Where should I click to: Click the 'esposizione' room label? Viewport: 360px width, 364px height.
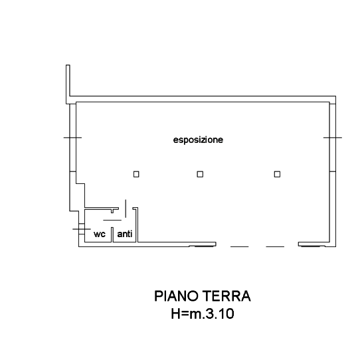(x=198, y=140)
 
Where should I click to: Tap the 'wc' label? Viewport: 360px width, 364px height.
(x=100, y=234)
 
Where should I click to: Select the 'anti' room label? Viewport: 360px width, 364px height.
(x=125, y=234)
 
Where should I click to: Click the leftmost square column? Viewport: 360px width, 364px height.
(x=136, y=174)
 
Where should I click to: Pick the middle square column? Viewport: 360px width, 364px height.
(x=200, y=174)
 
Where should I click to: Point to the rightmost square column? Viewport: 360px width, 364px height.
(x=277, y=174)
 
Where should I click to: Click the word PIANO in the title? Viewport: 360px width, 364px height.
(x=177, y=296)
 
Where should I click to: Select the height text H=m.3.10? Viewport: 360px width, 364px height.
(x=203, y=314)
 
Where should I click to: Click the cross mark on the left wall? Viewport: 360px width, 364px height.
(x=72, y=137)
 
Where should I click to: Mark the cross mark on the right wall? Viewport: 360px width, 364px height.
(x=333, y=137)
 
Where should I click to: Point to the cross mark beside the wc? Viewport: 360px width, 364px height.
(x=82, y=229)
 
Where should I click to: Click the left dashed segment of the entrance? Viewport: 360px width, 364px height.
(x=240, y=246)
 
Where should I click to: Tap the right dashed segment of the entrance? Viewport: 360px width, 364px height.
(x=275, y=246)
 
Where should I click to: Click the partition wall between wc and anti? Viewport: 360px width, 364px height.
(x=112, y=234)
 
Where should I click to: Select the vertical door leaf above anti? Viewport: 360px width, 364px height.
(x=126, y=209)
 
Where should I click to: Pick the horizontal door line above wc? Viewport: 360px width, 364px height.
(x=112, y=220)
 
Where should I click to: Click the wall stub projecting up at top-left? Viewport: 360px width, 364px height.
(x=68, y=84)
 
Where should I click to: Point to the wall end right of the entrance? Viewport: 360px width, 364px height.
(x=299, y=244)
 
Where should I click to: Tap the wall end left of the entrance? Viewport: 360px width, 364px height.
(x=216, y=244)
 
